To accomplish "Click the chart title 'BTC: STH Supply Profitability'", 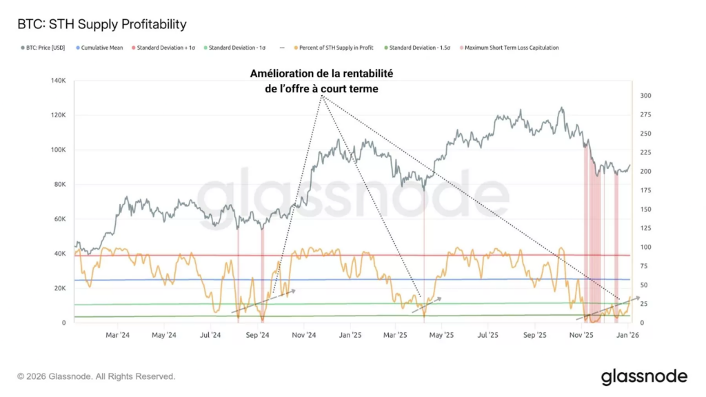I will click(101, 25).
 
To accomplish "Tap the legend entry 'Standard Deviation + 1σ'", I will click(163, 48).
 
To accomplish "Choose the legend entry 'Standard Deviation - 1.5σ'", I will click(419, 48).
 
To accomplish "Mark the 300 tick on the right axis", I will click(647, 96).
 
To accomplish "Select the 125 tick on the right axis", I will click(647, 228).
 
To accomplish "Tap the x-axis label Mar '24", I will click(118, 336).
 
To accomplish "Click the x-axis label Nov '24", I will click(303, 336).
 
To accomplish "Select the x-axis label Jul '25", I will click(488, 336).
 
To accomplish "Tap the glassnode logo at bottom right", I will click(644, 376).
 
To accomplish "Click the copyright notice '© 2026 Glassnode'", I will click(97, 377).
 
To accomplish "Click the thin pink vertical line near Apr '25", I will click(424, 262).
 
